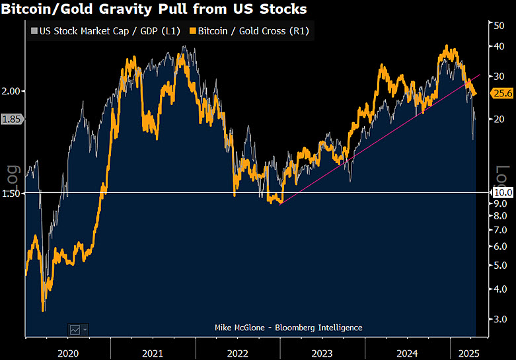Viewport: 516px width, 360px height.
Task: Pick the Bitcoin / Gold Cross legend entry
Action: (248, 30)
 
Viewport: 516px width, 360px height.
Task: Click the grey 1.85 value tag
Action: (12, 120)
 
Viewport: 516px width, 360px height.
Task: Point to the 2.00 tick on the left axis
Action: (13, 90)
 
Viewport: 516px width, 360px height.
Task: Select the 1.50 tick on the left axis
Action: (13, 193)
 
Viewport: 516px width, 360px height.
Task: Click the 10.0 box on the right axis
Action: (503, 192)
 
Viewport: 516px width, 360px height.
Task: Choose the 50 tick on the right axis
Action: (500, 25)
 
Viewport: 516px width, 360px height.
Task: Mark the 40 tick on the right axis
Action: (500, 46)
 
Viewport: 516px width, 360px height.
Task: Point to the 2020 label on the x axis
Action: (67, 353)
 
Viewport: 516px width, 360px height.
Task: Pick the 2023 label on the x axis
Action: (322, 353)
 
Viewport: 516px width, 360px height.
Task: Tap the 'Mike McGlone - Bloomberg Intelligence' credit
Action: (289, 328)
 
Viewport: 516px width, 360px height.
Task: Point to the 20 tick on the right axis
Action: (500, 119)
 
